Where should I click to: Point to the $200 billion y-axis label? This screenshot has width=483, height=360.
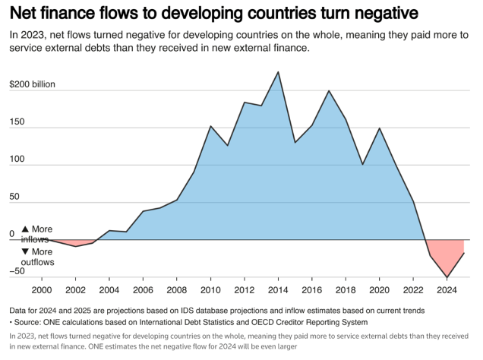(32, 84)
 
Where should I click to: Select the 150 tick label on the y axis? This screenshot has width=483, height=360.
(16, 122)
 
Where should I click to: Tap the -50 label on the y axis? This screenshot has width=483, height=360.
(17, 270)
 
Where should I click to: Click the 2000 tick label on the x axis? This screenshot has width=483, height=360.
(42, 289)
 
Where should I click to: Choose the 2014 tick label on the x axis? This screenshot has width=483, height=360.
(278, 289)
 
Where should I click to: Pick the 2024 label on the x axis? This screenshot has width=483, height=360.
(447, 289)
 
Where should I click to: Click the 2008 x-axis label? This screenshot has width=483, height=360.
(176, 289)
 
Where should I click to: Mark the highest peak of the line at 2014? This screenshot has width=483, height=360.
(278, 72)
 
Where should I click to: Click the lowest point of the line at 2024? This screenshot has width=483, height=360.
(447, 277)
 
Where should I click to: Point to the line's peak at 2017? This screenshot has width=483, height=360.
(329, 91)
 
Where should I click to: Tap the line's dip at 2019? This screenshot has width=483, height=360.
(363, 164)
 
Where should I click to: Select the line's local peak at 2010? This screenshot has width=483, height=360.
(210, 126)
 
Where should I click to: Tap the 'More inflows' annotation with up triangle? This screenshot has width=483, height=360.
(37, 234)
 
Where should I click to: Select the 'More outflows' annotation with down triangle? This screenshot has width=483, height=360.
(37, 257)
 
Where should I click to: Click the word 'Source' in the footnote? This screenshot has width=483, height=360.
(31, 322)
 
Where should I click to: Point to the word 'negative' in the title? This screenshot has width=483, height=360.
(377, 14)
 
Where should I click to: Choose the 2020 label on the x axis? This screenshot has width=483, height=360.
(380, 289)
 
